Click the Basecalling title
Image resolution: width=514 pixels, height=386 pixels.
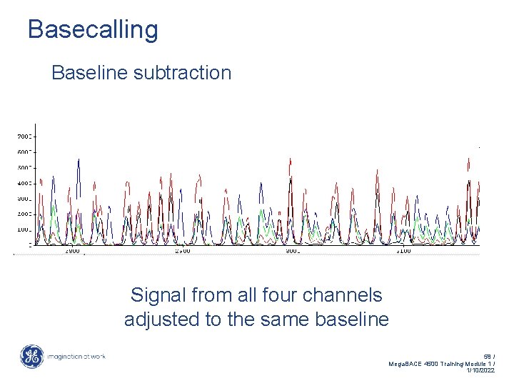point(93,30)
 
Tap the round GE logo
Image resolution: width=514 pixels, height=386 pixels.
point(31,357)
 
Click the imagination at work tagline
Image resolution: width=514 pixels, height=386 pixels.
point(76,357)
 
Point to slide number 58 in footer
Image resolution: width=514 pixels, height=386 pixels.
point(488,355)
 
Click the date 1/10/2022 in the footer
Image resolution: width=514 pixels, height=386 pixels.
point(480,371)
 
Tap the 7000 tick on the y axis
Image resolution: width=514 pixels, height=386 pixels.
point(24,136)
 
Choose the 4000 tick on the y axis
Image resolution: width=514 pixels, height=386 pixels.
point(24,183)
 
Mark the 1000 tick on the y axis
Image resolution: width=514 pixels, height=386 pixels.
point(24,230)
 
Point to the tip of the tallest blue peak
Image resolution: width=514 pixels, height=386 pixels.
point(79,159)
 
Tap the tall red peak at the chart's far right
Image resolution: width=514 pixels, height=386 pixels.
point(468,159)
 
